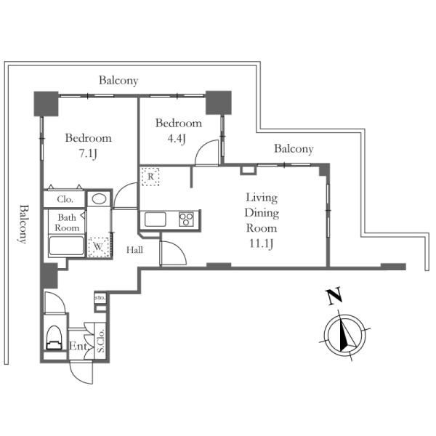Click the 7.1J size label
(88, 153)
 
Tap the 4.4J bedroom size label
(177, 139)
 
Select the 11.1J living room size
(261, 243)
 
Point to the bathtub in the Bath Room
(66, 246)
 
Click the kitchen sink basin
(156, 219)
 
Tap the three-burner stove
(186, 219)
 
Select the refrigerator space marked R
(150, 177)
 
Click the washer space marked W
(98, 247)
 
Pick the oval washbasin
(99, 199)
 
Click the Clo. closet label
(65, 199)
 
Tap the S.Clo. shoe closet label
(101, 341)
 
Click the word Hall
(134, 250)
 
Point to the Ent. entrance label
(79, 346)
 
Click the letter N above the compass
(334, 296)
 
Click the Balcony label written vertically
(23, 224)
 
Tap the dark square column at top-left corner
(47, 104)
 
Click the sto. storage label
(100, 298)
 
